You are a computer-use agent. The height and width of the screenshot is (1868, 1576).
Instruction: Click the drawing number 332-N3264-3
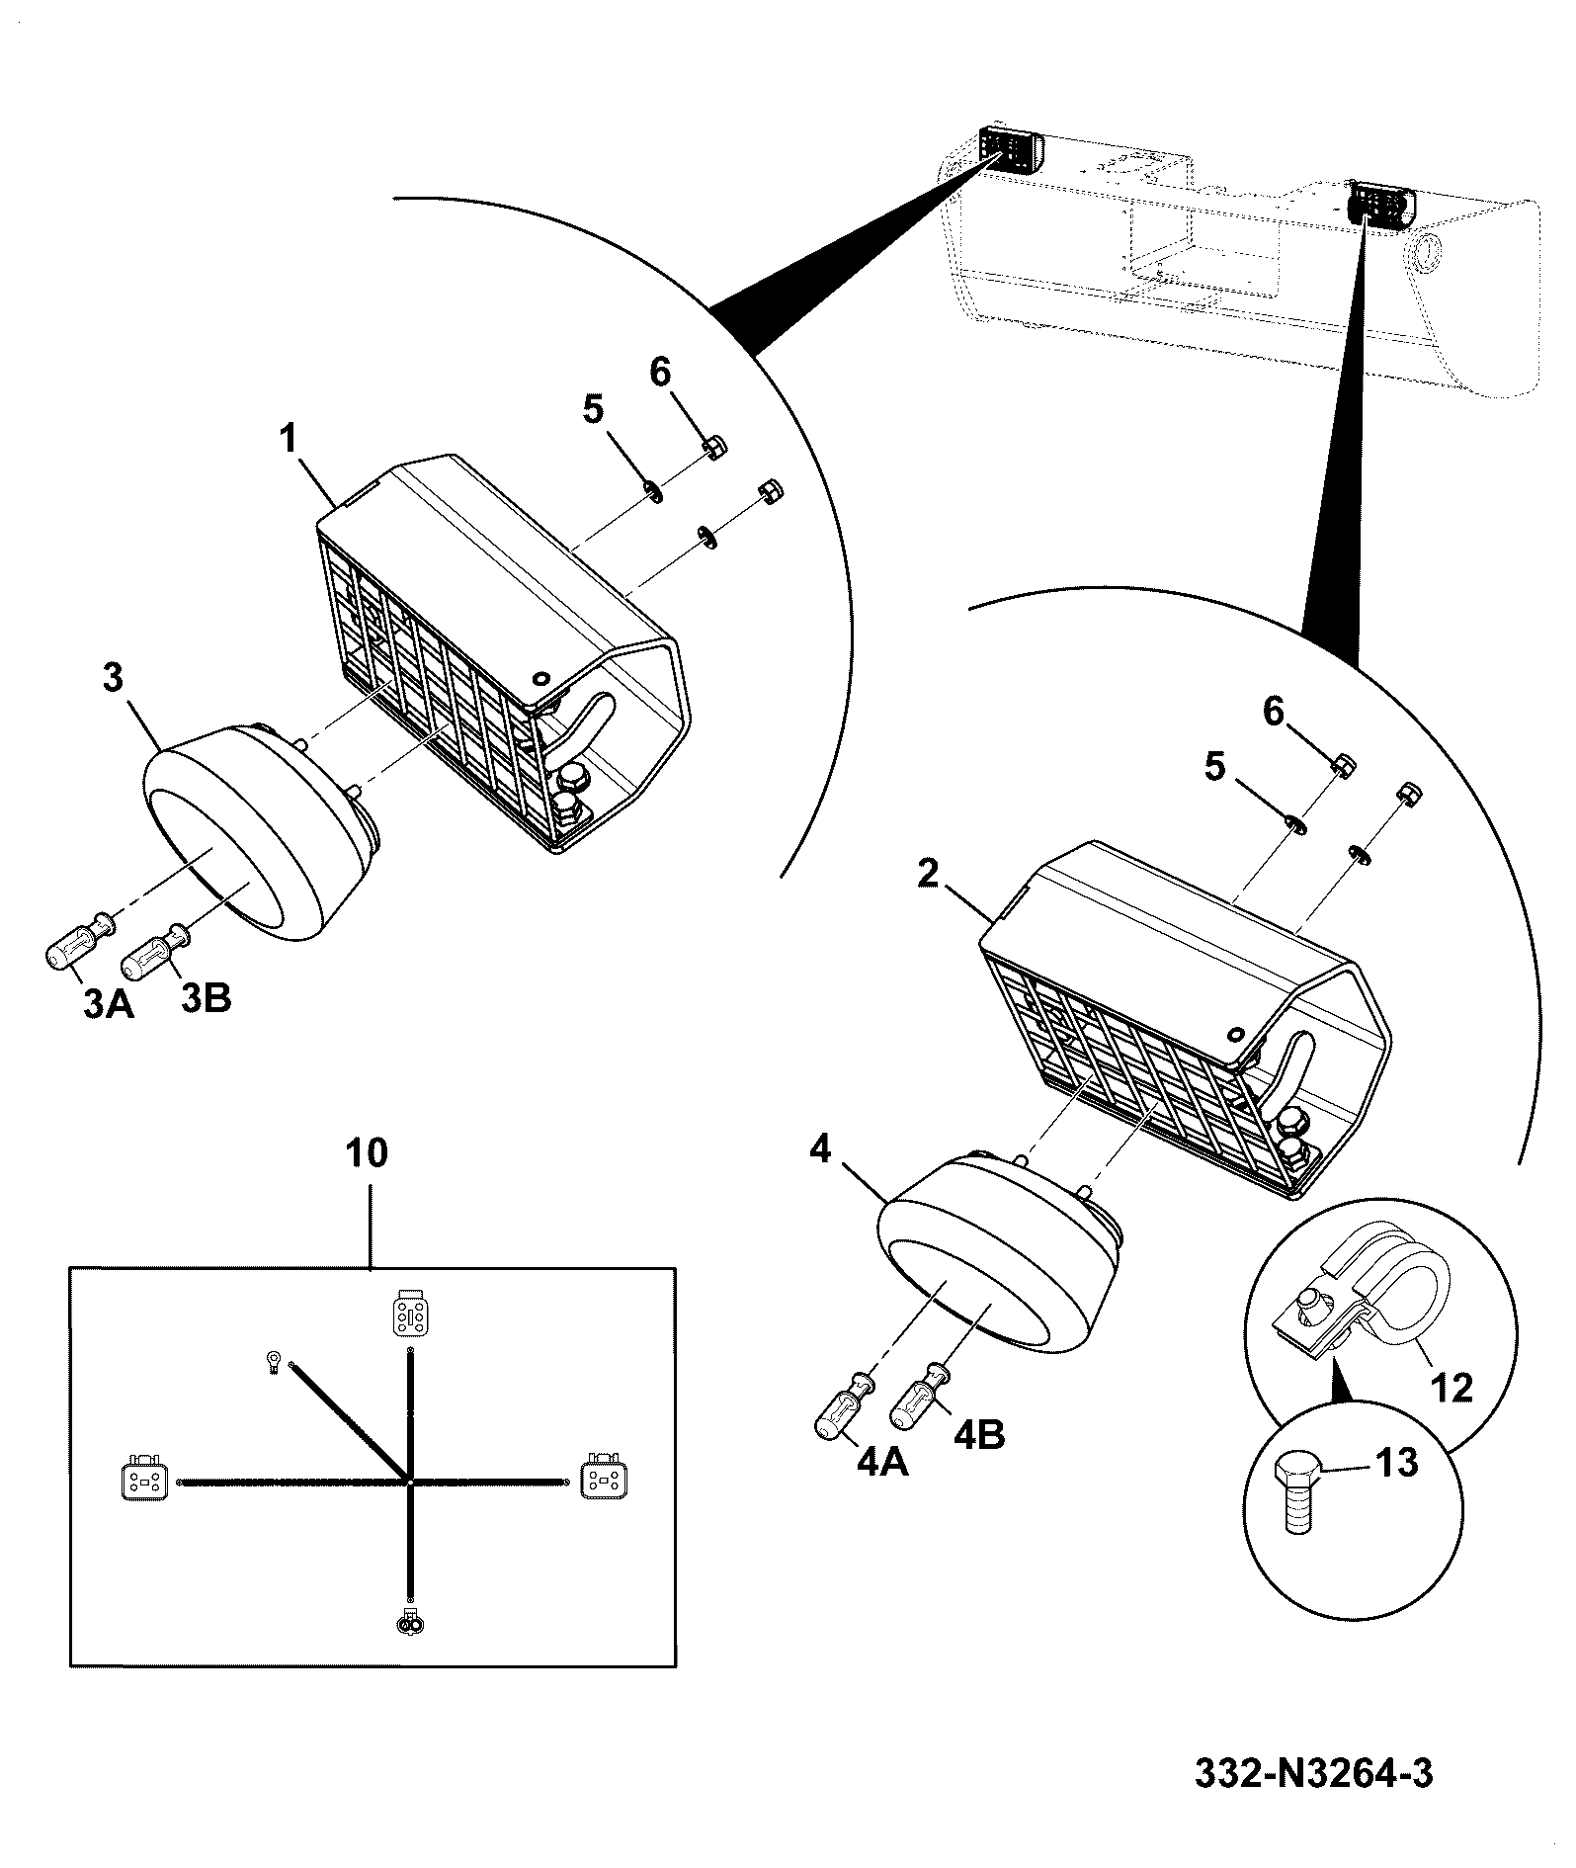pyautogui.click(x=1313, y=1773)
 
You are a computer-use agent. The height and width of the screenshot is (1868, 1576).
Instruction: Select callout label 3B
pyautogui.click(x=207, y=998)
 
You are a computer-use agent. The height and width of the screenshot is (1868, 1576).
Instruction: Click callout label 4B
pyautogui.click(x=980, y=1435)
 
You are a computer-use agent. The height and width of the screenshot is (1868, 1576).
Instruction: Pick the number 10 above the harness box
pyautogui.click(x=367, y=1152)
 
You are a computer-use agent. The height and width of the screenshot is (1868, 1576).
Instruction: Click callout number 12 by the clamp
pyautogui.click(x=1450, y=1388)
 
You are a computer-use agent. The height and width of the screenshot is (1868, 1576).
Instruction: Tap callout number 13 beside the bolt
pyautogui.click(x=1397, y=1462)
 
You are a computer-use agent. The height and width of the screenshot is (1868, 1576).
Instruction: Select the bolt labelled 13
pyautogui.click(x=1299, y=1496)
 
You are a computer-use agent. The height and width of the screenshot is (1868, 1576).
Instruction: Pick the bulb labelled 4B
pyautogui.click(x=922, y=1395)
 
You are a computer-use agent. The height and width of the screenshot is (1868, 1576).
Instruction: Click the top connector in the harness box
pyautogui.click(x=408, y=1313)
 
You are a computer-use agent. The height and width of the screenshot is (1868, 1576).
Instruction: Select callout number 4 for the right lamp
pyautogui.click(x=819, y=1149)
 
